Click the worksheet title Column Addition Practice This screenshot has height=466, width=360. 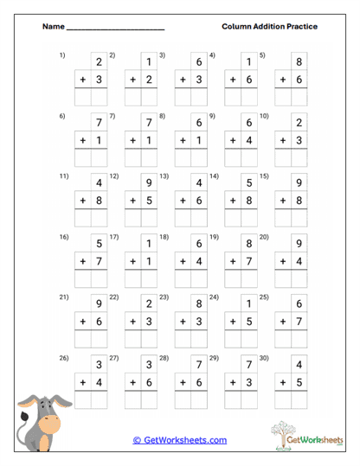coord(269,27)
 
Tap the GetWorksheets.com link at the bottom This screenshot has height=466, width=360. coord(180,440)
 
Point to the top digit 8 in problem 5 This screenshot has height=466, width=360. coord(299,62)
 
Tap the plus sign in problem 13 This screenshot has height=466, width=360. coord(183,201)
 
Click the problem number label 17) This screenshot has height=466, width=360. coord(113,236)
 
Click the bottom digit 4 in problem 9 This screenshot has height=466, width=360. coord(249,140)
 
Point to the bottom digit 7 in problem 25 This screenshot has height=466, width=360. coord(299,322)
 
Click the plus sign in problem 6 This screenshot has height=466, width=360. coord(83,140)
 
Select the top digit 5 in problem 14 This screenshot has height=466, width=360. coord(249,183)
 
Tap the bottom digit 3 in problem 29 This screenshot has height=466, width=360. coord(249,382)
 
